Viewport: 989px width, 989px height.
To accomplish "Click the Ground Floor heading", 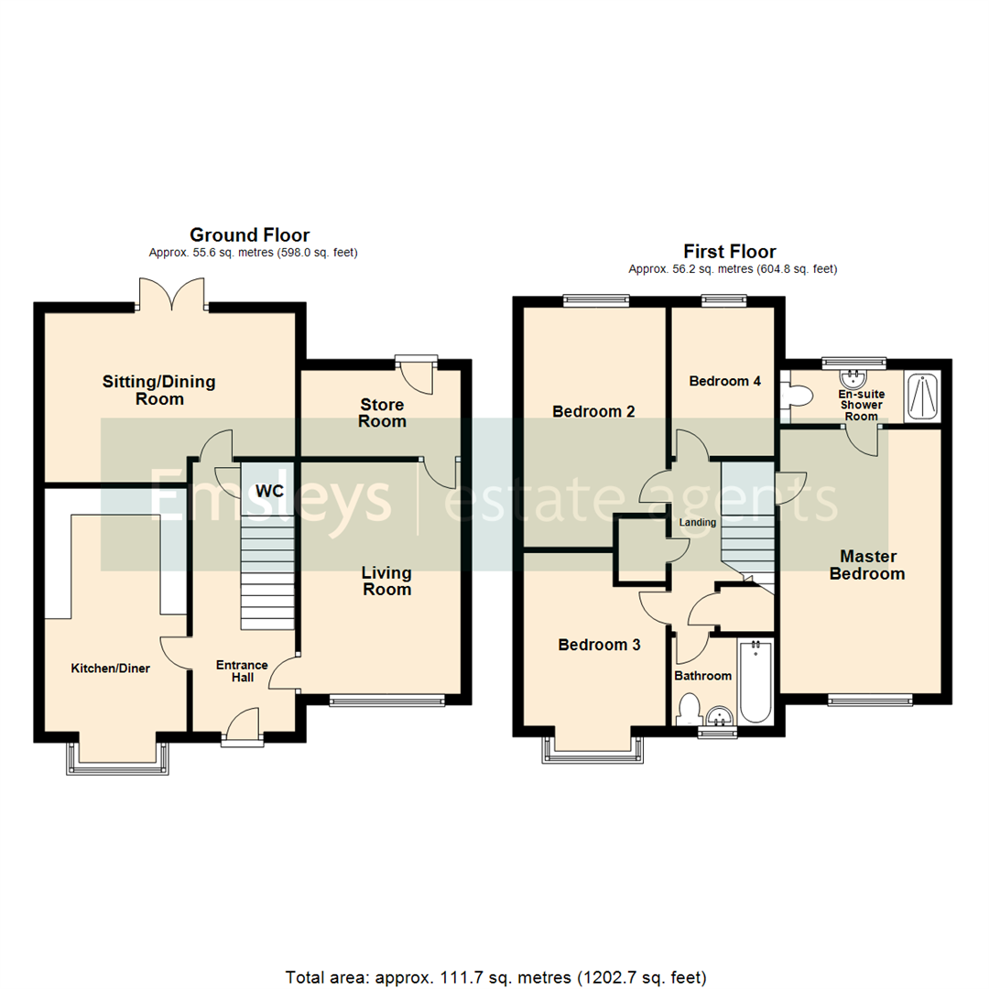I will pyautogui.click(x=249, y=235).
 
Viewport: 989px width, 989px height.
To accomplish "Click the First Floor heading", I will pyautogui.click(x=730, y=251).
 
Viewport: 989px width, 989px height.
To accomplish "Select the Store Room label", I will pyautogui.click(x=382, y=413).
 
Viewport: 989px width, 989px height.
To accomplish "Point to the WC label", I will pyautogui.click(x=270, y=491).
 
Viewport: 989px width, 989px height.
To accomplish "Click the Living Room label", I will pyautogui.click(x=386, y=581).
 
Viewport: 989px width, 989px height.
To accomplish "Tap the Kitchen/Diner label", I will pyautogui.click(x=111, y=668).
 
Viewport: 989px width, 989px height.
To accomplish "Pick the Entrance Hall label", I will pyautogui.click(x=242, y=671).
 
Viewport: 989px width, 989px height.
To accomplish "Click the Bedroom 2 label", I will pyautogui.click(x=593, y=412).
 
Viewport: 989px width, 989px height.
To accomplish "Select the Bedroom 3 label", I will pyautogui.click(x=599, y=645).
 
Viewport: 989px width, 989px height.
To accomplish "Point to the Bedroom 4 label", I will pyautogui.click(x=724, y=381).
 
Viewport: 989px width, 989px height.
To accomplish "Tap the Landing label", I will pyautogui.click(x=696, y=522).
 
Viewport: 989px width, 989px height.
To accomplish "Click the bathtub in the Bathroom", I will pyautogui.click(x=756, y=682).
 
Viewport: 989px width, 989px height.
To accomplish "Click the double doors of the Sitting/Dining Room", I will pyautogui.click(x=172, y=295).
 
